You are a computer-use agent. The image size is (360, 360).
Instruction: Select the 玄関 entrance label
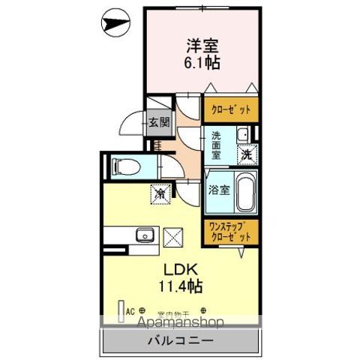point(157,123)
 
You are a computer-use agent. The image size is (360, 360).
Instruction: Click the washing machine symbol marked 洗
point(246,155)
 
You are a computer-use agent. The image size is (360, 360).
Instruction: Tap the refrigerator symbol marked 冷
point(160,193)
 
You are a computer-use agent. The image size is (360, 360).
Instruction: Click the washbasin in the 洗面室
point(242,136)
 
